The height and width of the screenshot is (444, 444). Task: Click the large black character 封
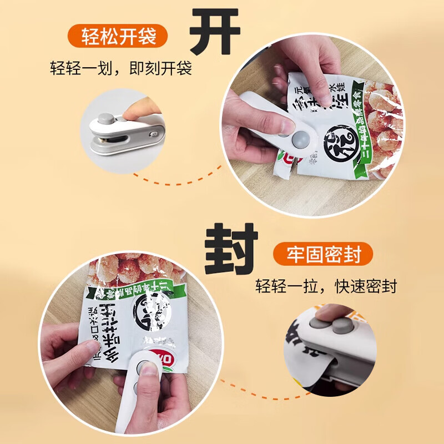click(x=231, y=250)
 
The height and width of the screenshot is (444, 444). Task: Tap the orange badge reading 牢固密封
click(x=324, y=255)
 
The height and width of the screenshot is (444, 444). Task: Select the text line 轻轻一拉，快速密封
click(x=326, y=287)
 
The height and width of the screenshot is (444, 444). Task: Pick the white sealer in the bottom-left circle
click(x=139, y=389)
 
